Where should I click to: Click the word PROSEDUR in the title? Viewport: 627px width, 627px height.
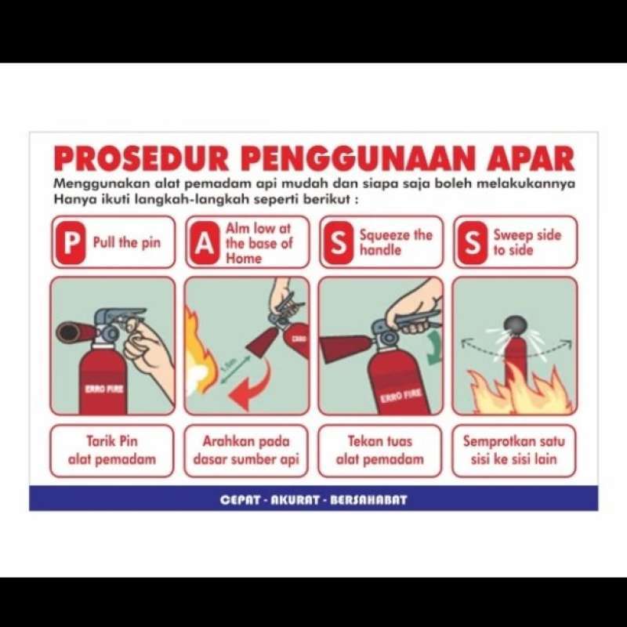click(140, 158)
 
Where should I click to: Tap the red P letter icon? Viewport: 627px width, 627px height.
click(71, 243)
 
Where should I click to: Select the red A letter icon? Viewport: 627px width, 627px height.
click(204, 243)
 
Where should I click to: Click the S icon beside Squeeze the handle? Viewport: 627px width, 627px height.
click(338, 243)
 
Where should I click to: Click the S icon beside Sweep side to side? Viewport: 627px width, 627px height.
click(471, 243)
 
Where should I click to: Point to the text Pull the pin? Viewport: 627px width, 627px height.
click(126, 243)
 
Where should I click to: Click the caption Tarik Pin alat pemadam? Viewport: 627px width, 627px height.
click(111, 451)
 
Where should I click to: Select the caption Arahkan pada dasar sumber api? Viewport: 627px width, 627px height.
click(246, 451)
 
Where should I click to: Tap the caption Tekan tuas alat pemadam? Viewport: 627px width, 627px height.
click(380, 451)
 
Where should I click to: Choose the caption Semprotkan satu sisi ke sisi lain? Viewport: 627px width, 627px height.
click(513, 451)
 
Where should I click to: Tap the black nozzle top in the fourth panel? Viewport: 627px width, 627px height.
click(514, 324)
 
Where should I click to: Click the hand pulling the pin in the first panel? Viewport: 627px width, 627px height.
click(153, 357)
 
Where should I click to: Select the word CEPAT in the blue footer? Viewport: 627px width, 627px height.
click(240, 499)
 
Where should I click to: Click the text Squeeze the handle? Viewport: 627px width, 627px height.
click(396, 243)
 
